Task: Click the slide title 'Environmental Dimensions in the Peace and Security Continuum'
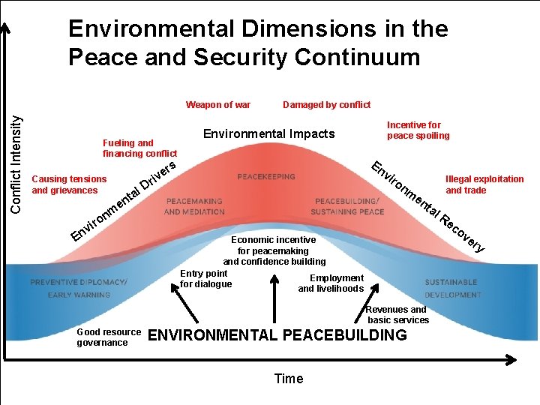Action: (x=257, y=43)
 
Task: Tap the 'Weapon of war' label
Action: (x=218, y=105)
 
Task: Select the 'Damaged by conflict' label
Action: (x=326, y=105)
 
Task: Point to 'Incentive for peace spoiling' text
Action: (x=418, y=130)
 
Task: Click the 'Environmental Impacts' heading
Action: (x=268, y=133)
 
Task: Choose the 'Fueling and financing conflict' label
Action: (x=139, y=148)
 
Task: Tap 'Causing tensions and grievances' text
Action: (x=69, y=184)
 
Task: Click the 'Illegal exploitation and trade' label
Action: (x=484, y=184)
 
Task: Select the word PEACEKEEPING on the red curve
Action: (x=266, y=177)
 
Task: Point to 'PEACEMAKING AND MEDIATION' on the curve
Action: (x=195, y=206)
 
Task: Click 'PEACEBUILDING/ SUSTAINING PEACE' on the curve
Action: (x=349, y=206)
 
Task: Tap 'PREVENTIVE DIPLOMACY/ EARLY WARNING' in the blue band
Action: (x=79, y=288)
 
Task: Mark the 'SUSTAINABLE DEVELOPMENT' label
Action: (x=452, y=288)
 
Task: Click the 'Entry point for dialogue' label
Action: (x=205, y=279)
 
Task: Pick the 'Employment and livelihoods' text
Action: (x=331, y=283)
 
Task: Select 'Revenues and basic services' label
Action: (x=397, y=314)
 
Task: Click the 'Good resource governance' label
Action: (x=108, y=337)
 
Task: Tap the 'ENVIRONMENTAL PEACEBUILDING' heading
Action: (x=277, y=335)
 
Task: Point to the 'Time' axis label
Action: (x=289, y=379)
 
